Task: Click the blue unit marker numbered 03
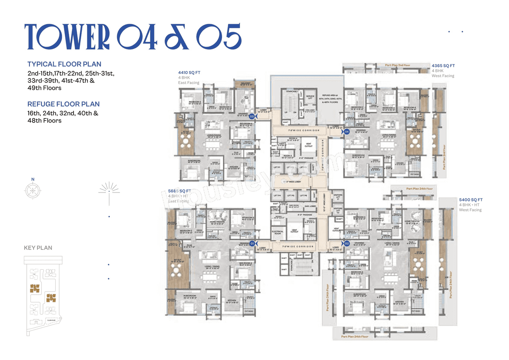click(252, 117)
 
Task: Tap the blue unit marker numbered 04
click(347, 132)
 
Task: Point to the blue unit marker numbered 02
click(347, 243)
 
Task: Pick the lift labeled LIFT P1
click(277, 168)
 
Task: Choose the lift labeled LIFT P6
click(303, 196)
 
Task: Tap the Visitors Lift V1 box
click(338, 197)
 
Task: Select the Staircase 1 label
click(292, 91)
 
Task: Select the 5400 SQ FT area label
click(471, 200)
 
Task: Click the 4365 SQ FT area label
click(443, 65)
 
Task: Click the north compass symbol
click(31, 191)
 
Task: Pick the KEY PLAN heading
click(38, 248)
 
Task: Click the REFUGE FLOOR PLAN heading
click(64, 104)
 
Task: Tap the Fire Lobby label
click(310, 111)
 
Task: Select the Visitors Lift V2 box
click(338, 210)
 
